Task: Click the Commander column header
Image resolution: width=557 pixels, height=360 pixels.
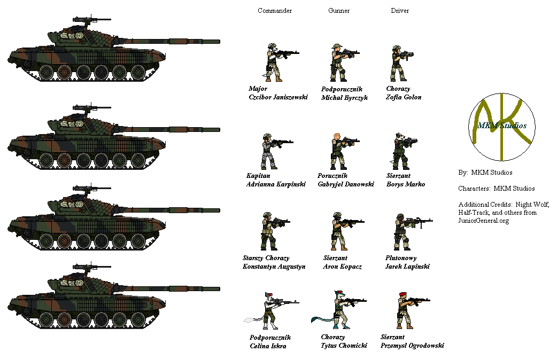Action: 275,11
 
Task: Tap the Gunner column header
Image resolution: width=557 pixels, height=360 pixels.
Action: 338,11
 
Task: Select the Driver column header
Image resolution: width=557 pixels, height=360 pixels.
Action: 400,11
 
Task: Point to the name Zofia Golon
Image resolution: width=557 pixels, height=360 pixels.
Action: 404,97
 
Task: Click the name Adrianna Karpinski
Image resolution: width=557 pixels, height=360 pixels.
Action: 276,184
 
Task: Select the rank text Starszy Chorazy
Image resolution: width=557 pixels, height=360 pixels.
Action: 266,258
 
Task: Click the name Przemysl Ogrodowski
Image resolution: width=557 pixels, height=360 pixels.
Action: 412,346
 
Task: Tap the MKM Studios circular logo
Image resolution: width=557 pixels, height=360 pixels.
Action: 502,127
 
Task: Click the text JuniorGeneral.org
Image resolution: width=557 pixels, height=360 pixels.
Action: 483,221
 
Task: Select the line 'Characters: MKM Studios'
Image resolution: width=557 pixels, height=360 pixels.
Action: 496,189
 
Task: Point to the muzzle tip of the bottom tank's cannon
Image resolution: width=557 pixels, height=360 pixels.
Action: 220,288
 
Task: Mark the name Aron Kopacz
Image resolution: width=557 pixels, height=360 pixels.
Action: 342,267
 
